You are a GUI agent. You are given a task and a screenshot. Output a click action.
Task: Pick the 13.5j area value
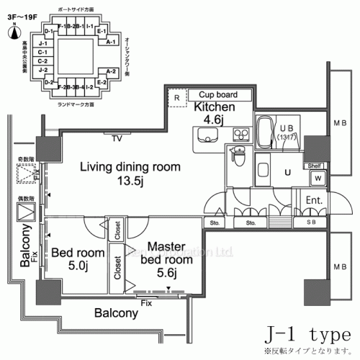click(x=130, y=181)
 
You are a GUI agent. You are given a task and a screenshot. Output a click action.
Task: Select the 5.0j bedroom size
click(x=73, y=266)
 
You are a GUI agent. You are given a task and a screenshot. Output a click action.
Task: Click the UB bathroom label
click(x=284, y=128)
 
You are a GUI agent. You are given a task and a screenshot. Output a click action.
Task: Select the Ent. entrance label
click(x=313, y=199)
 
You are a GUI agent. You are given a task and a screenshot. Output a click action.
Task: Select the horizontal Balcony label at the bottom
click(x=114, y=314)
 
